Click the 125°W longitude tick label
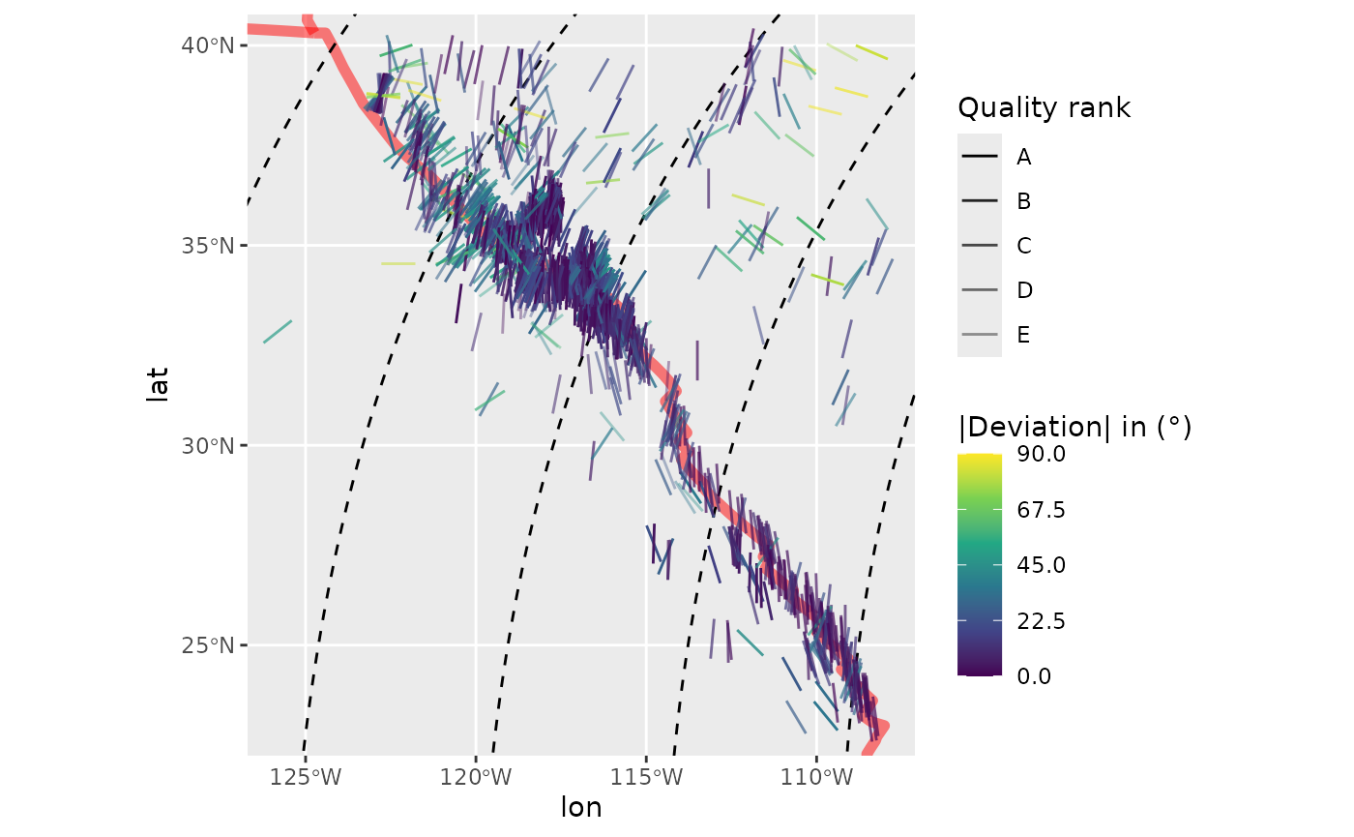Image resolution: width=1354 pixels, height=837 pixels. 306,777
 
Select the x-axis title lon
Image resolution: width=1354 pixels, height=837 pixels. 581,808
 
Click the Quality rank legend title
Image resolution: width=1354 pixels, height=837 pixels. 1044,108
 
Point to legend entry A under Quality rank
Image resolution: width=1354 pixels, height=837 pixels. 1023,157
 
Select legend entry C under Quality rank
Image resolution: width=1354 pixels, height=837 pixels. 1023,246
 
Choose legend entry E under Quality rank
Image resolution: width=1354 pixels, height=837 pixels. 1023,335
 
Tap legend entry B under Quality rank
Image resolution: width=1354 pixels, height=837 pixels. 1023,201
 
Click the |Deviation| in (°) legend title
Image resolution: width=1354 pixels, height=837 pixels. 1074,427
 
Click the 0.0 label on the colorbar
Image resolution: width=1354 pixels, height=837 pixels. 1034,675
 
